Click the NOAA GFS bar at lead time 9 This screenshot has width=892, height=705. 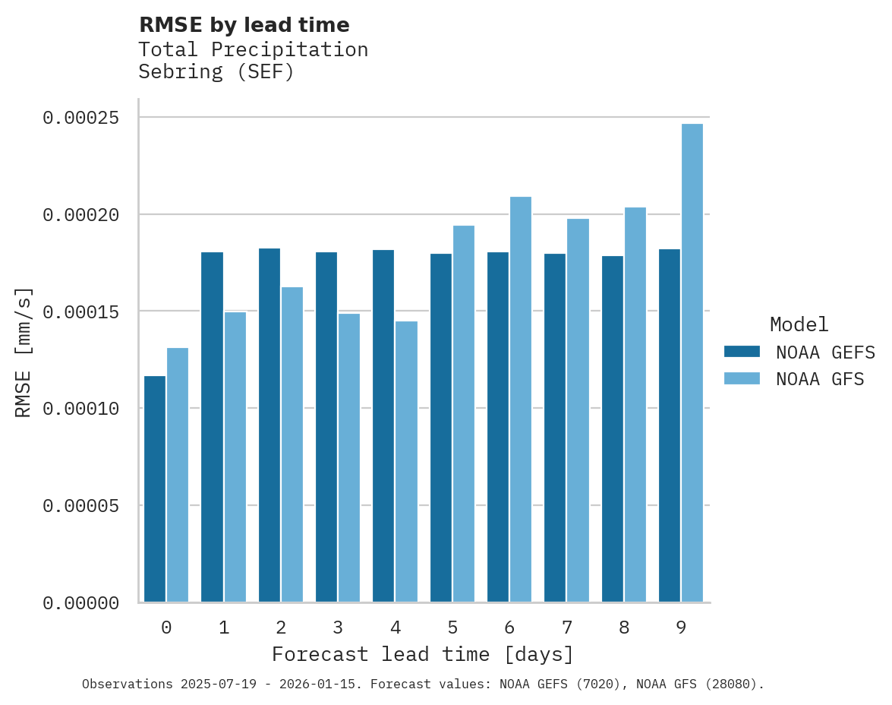click(x=692, y=363)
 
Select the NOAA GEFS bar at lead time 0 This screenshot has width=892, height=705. click(x=155, y=489)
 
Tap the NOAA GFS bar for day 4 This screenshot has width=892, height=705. click(x=406, y=462)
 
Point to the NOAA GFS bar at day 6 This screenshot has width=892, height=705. click(x=521, y=400)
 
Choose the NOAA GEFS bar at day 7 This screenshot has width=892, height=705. click(x=556, y=428)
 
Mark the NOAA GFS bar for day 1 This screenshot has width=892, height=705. click(x=235, y=457)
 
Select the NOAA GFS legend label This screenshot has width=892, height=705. click(x=820, y=378)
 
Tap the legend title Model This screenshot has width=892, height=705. click(x=799, y=324)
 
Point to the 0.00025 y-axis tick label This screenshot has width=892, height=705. click(x=81, y=118)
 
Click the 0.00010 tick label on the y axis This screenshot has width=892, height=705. click(x=81, y=409)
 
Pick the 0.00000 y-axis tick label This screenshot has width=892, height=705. click(x=81, y=603)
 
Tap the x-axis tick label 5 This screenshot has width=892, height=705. click(x=452, y=628)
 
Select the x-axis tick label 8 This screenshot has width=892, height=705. click(x=624, y=628)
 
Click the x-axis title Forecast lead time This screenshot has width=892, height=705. click(x=423, y=654)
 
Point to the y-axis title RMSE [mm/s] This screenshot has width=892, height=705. click(x=24, y=352)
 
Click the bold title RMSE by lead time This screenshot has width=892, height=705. click(x=244, y=25)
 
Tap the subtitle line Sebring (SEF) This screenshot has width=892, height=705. click(x=216, y=72)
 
